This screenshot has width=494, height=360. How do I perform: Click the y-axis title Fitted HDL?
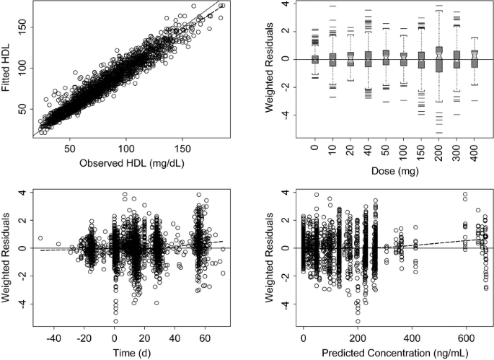(x=6, y=69)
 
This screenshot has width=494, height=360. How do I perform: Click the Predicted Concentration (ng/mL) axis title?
(x=395, y=353)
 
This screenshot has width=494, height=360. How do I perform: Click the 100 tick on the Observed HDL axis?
(x=127, y=150)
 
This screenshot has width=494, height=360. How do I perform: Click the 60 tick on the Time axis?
(x=205, y=336)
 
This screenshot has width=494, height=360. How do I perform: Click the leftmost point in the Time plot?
(x=40, y=237)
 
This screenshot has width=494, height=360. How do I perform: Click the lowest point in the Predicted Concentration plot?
(x=358, y=321)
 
